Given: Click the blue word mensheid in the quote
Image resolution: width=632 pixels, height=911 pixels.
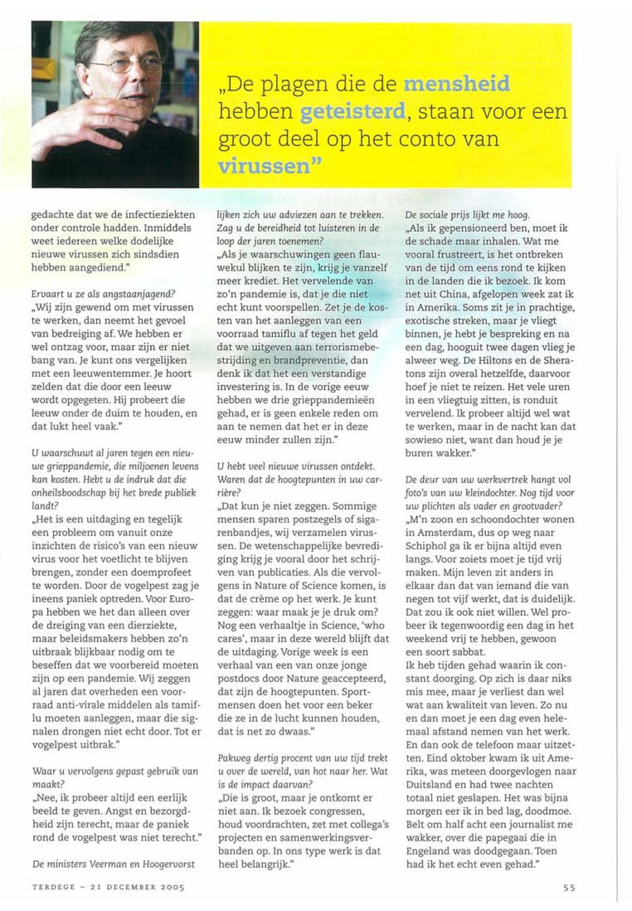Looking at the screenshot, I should [x=456, y=84].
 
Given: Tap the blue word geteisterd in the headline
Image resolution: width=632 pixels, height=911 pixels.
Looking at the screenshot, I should [x=352, y=112].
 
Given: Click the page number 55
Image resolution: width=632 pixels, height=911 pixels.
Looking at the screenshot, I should [x=569, y=888].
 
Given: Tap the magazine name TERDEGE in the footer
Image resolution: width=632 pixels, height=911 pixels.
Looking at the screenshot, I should [x=53, y=888].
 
